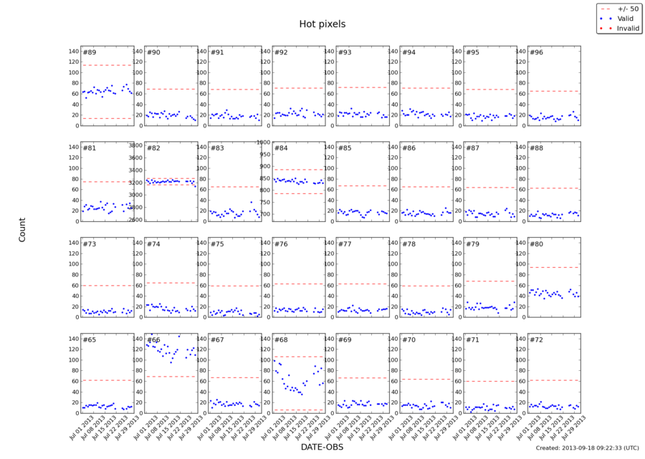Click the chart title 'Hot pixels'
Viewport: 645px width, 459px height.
322,24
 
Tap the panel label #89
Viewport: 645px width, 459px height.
90,52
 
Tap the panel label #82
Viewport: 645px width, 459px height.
153,148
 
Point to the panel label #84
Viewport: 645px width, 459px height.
281,148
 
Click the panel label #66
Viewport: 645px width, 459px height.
153,340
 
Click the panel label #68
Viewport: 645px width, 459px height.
281,340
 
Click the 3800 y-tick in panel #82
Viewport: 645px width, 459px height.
135,145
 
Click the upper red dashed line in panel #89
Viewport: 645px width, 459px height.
107,65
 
